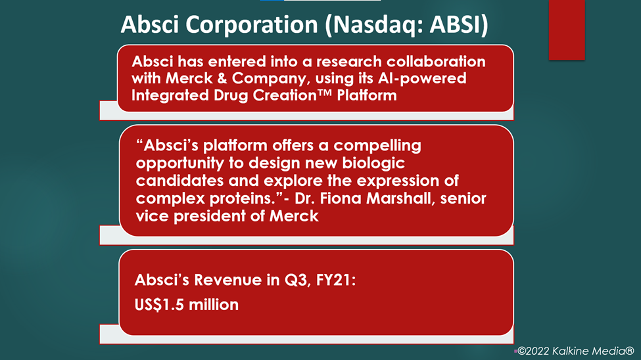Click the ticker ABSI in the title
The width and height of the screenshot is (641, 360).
(x=455, y=24)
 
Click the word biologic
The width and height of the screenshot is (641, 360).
(x=373, y=164)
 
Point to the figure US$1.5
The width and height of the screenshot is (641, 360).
(x=160, y=305)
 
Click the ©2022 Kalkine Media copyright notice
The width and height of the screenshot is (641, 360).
(x=576, y=351)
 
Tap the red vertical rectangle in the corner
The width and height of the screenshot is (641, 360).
(x=567, y=30)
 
